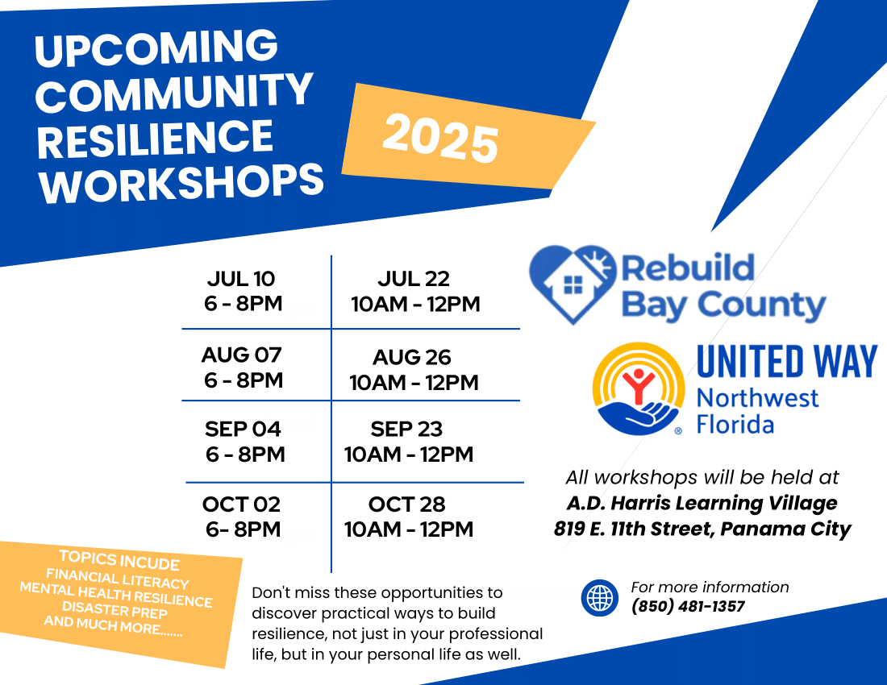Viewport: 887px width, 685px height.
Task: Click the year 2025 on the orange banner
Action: tap(440, 139)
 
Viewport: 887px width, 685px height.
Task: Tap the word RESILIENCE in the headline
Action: tap(155, 139)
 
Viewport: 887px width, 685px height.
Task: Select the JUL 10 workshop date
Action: tap(241, 279)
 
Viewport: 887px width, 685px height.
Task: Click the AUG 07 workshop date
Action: tap(242, 355)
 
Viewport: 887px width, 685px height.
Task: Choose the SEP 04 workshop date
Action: tap(243, 429)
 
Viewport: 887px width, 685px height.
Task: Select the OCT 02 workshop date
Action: tap(242, 504)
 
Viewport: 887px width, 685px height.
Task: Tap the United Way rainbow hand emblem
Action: tap(638, 388)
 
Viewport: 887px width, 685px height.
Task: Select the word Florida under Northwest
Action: tap(735, 425)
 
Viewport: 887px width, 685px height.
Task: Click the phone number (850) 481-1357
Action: tap(688, 607)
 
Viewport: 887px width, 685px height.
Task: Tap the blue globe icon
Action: tap(600, 597)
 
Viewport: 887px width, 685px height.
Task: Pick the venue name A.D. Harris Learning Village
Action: tap(702, 503)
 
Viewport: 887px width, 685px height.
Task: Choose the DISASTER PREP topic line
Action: tap(115, 610)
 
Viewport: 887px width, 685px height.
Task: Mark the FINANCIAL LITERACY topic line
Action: tap(118, 579)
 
